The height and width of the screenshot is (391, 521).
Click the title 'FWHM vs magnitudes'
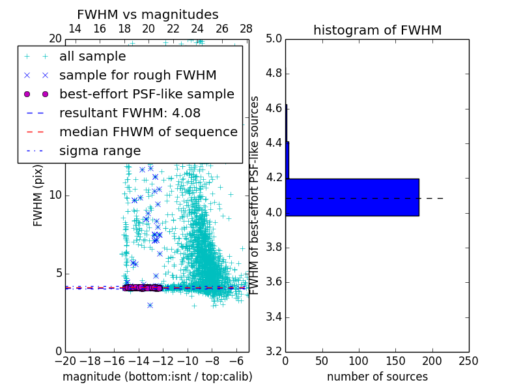click(x=148, y=14)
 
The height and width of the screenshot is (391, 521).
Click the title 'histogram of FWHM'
click(x=377, y=30)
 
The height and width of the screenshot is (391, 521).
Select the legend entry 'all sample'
click(x=92, y=57)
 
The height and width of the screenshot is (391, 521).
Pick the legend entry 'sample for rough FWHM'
click(x=137, y=76)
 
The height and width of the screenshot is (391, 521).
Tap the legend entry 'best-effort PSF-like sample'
click(x=147, y=94)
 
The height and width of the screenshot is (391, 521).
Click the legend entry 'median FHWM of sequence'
click(x=148, y=132)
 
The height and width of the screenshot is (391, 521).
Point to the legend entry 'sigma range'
click(x=100, y=151)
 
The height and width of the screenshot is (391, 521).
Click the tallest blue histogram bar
click(x=352, y=197)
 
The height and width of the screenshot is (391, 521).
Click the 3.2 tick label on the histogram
click(x=274, y=352)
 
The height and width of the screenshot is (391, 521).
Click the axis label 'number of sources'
click(x=377, y=377)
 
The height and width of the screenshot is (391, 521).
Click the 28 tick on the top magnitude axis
click(x=246, y=29)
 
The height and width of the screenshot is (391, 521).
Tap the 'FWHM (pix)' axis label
click(x=38, y=195)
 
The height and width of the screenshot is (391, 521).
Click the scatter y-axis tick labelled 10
click(x=55, y=195)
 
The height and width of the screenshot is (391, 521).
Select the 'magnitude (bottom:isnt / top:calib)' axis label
click(x=157, y=377)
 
